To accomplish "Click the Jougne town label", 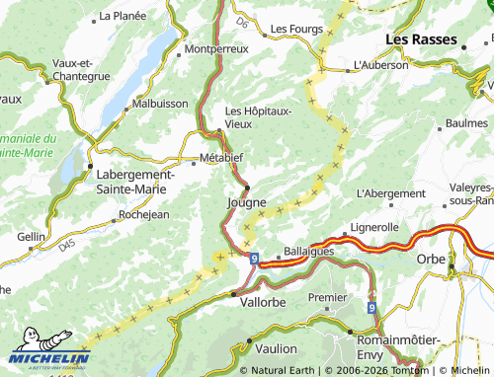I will [246, 202].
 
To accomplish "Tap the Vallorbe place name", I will [264, 304].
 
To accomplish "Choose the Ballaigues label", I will [309, 251].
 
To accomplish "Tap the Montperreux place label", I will [215, 47].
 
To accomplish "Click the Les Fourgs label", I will [297, 29].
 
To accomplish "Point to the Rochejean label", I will [143, 214].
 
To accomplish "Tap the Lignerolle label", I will [373, 227].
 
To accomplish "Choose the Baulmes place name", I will [467, 123].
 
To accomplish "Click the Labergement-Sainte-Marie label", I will [134, 182].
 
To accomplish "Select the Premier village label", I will [328, 297].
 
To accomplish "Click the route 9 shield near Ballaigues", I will [254, 259].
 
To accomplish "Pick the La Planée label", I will [123, 17].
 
